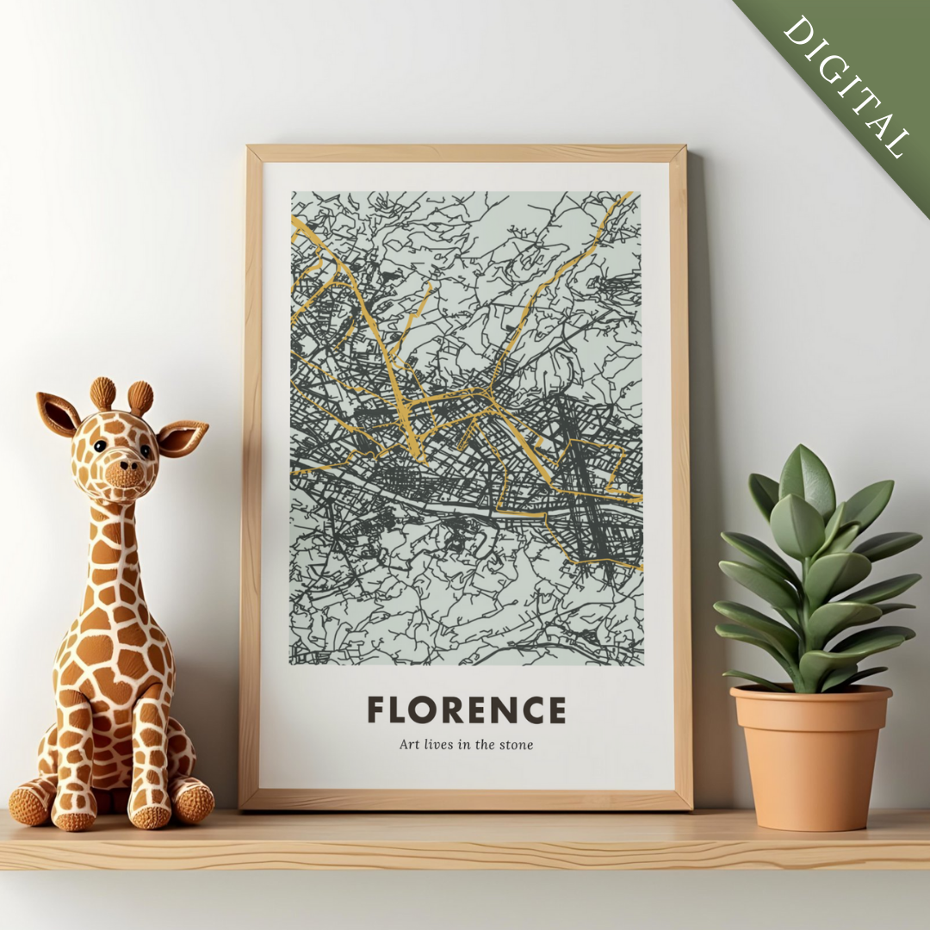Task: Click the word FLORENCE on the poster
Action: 467,710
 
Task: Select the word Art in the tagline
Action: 408,745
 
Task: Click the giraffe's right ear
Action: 182,437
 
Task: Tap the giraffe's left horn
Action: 102,393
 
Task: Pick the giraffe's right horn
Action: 140,398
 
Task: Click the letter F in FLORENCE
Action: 375,710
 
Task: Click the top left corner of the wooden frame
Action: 251,152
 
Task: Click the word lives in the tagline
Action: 438,745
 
